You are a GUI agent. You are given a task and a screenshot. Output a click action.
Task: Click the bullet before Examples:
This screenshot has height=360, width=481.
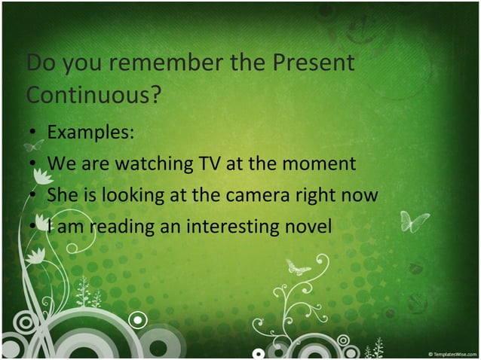(x=32, y=133)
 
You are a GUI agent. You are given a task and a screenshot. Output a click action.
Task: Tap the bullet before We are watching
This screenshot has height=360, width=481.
(x=32, y=164)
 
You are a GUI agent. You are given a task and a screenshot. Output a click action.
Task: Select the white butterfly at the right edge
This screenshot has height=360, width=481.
(x=414, y=221)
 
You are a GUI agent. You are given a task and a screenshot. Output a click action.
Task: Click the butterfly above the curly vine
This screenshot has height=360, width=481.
(x=298, y=267)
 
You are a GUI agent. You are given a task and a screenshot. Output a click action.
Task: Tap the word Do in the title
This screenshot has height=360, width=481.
(x=41, y=63)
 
